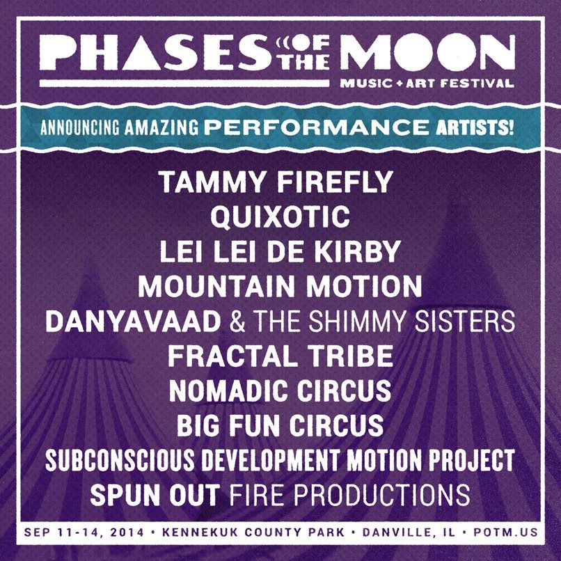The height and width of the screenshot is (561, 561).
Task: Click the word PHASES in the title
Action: coord(155,53)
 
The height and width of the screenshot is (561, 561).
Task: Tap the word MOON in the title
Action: coord(427,53)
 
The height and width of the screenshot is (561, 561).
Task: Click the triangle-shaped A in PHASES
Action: coord(143,53)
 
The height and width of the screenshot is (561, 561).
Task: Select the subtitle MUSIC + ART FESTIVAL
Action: coord(427,84)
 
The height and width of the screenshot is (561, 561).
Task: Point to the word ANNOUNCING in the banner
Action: coord(79,127)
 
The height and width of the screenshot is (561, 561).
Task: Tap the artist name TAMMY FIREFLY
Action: coord(276,182)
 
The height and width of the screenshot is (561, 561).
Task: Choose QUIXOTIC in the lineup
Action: coord(280,216)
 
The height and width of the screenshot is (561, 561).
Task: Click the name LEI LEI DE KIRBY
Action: coord(279,251)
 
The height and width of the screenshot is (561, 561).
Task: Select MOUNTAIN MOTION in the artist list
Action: coord(280,286)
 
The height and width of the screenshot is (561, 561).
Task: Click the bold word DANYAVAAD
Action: coord(133,321)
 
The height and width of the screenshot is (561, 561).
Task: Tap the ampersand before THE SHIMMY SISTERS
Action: coord(237,322)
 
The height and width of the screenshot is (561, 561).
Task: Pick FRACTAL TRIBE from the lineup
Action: coord(280,356)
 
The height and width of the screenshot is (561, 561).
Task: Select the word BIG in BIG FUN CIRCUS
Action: coord(198,425)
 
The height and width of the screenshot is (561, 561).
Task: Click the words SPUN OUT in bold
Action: coord(155,494)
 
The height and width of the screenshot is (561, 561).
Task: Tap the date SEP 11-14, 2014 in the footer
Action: coord(84,532)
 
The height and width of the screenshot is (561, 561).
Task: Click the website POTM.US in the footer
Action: coord(505,532)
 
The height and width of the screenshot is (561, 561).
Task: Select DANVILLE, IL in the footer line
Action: coord(409,532)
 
